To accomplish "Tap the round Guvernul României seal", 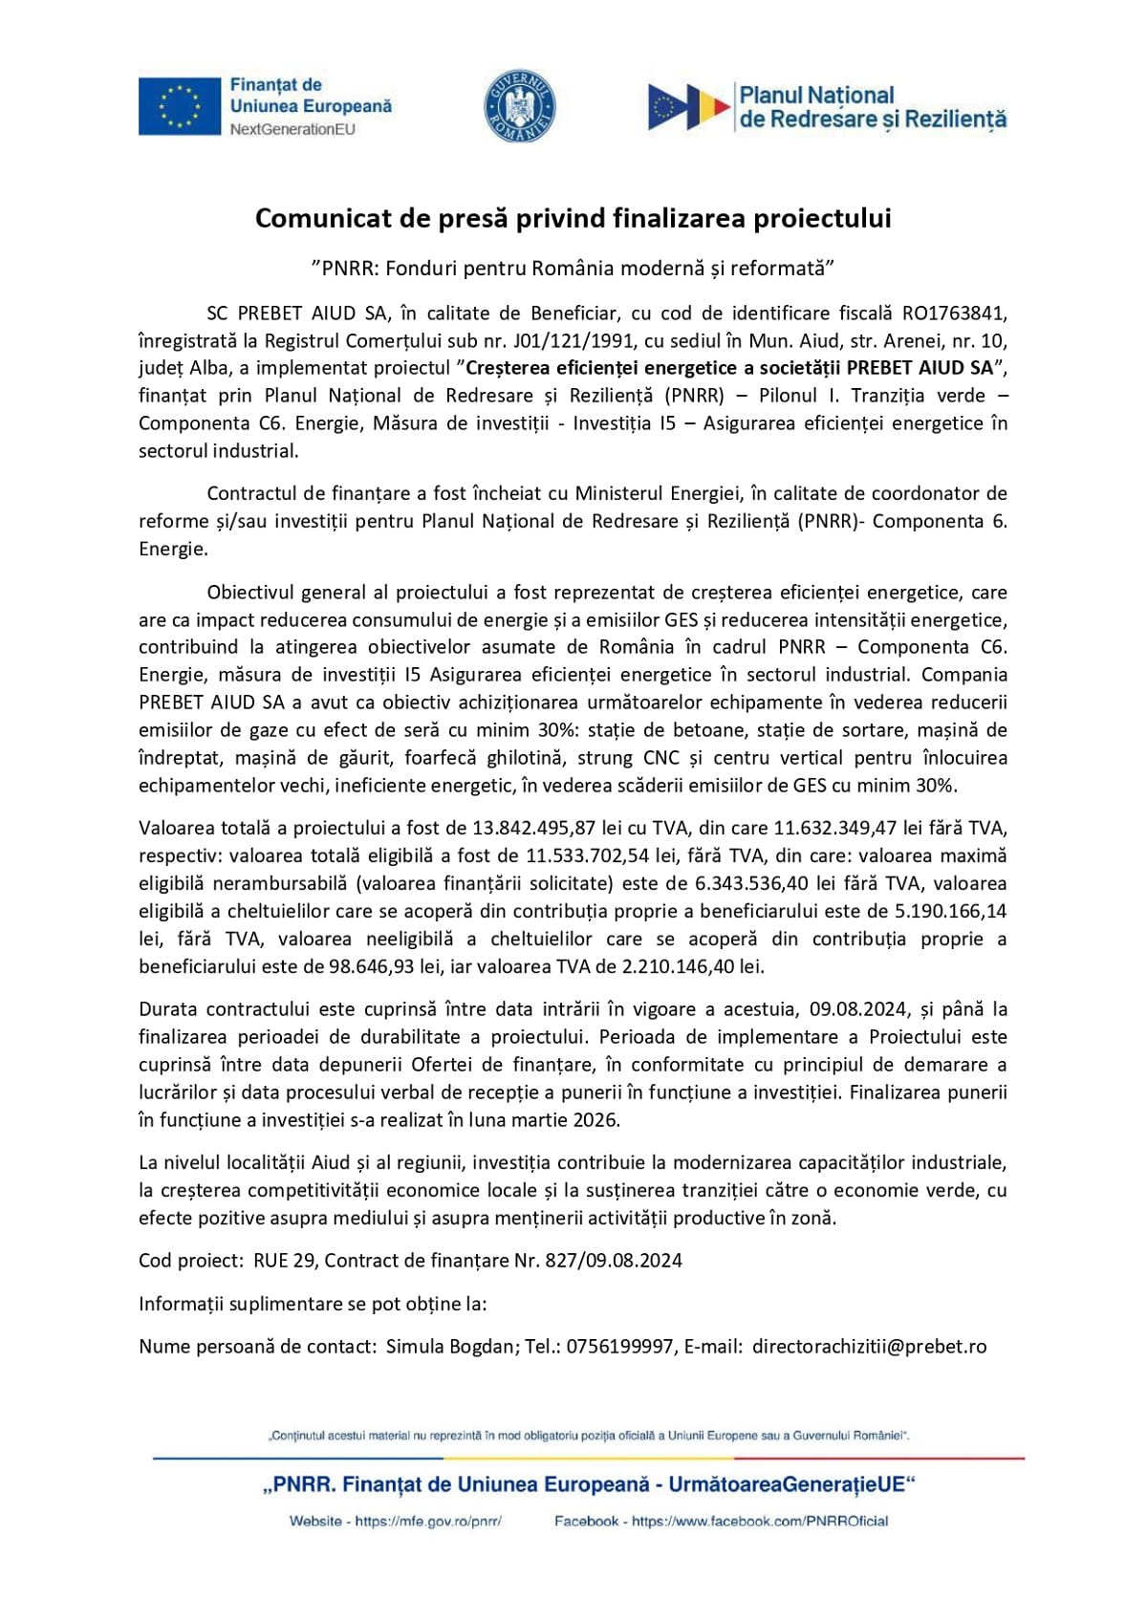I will (x=520, y=106).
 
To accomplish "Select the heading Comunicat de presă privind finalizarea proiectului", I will (x=573, y=219).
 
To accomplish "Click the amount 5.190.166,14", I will (x=951, y=911).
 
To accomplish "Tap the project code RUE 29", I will (x=284, y=1261).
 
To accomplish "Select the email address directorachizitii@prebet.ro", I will (x=869, y=1347).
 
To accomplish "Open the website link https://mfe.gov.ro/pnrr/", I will (x=428, y=1521).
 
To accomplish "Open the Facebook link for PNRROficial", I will (x=760, y=1521).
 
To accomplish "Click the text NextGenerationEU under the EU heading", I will (x=292, y=129).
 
